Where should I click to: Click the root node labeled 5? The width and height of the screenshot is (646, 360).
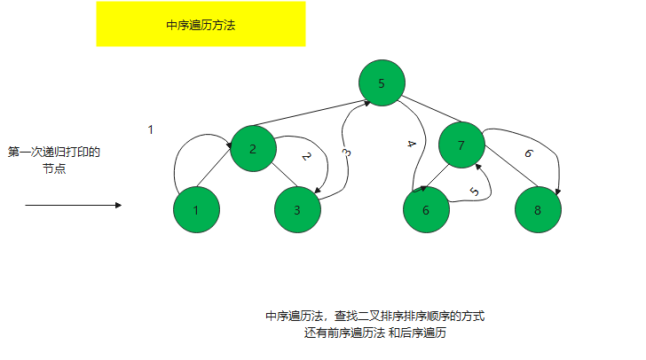[382, 83]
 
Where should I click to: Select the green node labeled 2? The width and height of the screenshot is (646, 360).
[253, 148]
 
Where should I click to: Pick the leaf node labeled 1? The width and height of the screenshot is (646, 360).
[196, 210]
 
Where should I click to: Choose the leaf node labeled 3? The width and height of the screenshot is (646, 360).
[297, 210]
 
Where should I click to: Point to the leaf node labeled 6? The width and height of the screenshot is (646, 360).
[425, 210]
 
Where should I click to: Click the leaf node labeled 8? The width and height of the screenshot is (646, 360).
[538, 210]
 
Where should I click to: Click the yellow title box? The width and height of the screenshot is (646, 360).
[201, 24]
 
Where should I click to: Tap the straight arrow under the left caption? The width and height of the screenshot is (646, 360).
[73, 205]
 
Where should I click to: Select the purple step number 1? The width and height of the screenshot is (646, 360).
[150, 129]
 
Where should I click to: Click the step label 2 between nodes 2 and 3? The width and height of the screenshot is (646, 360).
[306, 157]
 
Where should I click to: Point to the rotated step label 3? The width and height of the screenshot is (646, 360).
[346, 153]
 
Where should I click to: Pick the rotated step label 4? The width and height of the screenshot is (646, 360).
[409, 144]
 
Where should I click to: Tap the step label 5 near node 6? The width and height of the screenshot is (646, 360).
[474, 191]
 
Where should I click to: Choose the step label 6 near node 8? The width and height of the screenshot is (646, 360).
[528, 153]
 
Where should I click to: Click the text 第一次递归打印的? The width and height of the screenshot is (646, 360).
[54, 152]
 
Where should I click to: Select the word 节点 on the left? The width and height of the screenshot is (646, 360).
[54, 168]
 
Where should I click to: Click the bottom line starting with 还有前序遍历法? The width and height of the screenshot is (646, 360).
[374, 333]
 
